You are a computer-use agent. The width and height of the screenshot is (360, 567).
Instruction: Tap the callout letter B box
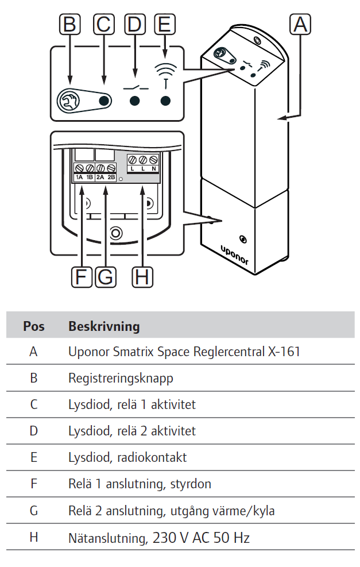pos(69,24)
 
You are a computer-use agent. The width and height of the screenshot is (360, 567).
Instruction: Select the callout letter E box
pos(165,24)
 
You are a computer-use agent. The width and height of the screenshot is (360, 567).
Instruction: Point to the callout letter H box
pos(142,277)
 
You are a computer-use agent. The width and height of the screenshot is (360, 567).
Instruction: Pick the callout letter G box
pos(105,277)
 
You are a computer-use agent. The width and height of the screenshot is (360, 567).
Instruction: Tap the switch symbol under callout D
pos(135,87)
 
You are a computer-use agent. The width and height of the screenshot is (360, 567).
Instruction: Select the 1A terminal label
pos(80,178)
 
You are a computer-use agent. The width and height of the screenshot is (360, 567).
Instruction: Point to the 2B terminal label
pos(111,178)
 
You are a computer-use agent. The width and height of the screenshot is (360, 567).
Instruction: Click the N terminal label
pos(153,169)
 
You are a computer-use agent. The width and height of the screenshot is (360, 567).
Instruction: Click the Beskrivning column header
pos(104,326)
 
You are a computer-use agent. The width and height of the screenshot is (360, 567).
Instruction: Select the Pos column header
pos(34,326)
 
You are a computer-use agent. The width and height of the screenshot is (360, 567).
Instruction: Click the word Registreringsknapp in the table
pos(120,379)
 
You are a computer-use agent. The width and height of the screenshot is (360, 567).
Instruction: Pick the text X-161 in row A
pos(284,352)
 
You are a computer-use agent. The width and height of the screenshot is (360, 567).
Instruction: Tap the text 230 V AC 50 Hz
pos(201,538)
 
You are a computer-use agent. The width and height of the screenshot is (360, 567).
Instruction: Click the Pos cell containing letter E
pos(34,457)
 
